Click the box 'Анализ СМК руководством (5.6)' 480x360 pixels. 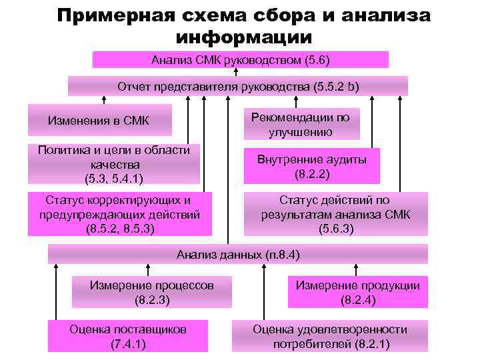(240, 59)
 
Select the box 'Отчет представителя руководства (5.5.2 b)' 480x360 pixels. (238, 86)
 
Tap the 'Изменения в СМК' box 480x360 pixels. (99, 120)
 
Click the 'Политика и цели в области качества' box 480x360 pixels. (113, 164)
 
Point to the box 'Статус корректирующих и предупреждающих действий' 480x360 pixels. (120, 214)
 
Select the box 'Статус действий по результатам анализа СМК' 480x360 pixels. (335, 214)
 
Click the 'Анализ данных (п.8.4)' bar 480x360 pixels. (238, 254)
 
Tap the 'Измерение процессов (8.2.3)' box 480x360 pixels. (152, 292)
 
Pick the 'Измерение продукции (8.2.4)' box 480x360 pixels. (357, 292)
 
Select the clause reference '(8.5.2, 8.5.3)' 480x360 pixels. (120, 229)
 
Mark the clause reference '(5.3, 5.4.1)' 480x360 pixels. (113, 178)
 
